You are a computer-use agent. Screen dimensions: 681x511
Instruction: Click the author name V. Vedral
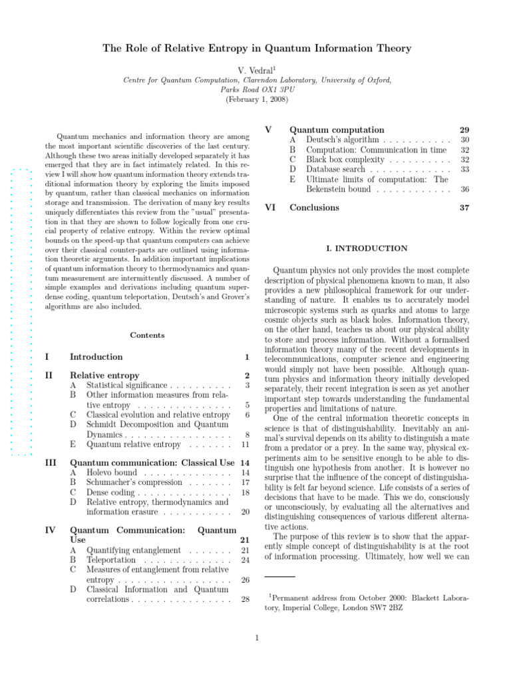pos(255,69)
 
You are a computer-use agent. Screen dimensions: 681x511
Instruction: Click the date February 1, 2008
pos(255,100)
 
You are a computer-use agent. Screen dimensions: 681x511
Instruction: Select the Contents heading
pos(147,335)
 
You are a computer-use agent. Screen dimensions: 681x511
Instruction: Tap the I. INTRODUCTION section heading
pos(367,249)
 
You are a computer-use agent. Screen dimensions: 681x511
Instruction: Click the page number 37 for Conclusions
pos(464,207)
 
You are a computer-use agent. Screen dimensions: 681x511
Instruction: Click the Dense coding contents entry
pos(111,492)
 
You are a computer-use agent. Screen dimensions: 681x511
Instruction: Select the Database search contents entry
pos(335,170)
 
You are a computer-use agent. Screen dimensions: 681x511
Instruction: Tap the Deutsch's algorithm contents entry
pos(342,140)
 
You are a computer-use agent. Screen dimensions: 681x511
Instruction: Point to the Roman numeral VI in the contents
pos(270,207)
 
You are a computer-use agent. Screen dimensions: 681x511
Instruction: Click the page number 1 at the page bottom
pos(256,639)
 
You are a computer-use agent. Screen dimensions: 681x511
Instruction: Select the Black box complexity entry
pos(345,160)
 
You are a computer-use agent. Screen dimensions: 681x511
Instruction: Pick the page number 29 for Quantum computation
pos(464,130)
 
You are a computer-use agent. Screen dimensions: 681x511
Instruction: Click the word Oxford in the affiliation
pos(377,80)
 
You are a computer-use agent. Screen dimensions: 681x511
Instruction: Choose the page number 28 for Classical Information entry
pos(245,600)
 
